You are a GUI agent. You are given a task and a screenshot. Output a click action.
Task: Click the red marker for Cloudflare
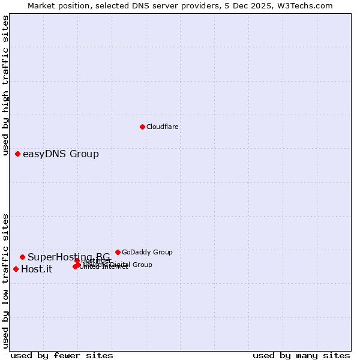[x=142, y=127]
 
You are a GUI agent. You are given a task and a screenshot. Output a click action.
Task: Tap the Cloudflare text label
[x=163, y=127]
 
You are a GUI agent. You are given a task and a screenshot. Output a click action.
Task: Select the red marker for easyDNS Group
[x=18, y=154]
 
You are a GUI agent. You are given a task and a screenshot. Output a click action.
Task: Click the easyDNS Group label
[x=61, y=154]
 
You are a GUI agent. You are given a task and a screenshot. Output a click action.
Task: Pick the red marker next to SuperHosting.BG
[x=23, y=257]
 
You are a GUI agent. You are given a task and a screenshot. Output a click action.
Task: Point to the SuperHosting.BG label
[x=68, y=257]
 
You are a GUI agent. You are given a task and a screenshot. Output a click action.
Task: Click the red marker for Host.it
[x=16, y=269]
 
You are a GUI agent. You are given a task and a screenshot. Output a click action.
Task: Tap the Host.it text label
[x=37, y=269]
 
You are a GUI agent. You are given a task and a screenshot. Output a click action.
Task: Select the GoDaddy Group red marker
[x=118, y=252]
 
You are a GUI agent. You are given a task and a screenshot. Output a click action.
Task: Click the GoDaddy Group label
[x=147, y=252]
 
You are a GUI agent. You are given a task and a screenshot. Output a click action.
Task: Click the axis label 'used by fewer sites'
[x=62, y=356]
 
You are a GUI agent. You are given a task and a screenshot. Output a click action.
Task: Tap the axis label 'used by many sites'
[x=301, y=356]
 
